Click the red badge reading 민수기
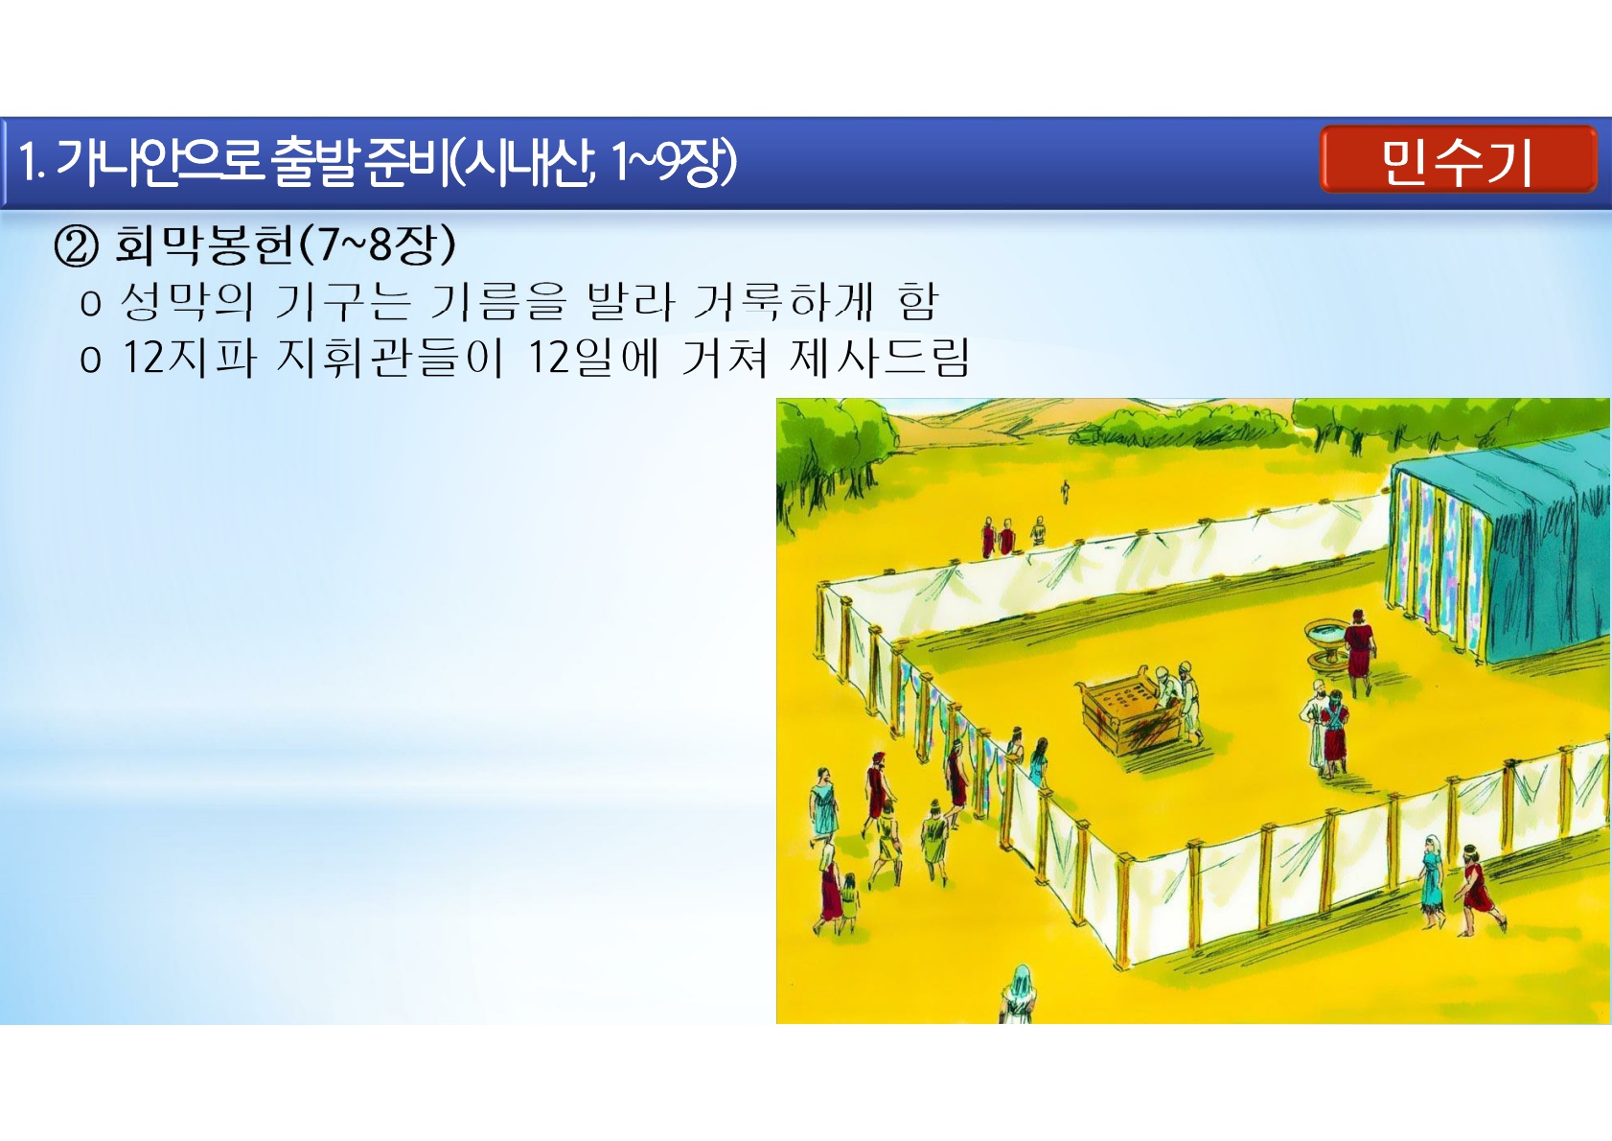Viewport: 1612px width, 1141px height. point(1458,159)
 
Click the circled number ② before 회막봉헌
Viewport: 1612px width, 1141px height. point(76,246)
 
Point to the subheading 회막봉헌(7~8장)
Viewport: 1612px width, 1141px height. point(286,244)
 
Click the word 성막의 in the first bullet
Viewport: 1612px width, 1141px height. point(187,302)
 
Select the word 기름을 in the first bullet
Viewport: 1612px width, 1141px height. point(497,302)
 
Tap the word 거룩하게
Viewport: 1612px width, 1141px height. point(783,302)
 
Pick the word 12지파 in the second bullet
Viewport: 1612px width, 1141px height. point(189,357)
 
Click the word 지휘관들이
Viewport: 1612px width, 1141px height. point(389,357)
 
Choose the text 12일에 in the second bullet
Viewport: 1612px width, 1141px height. point(593,357)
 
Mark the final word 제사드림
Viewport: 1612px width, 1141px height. point(880,357)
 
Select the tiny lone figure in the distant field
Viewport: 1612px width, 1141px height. point(1065,493)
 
